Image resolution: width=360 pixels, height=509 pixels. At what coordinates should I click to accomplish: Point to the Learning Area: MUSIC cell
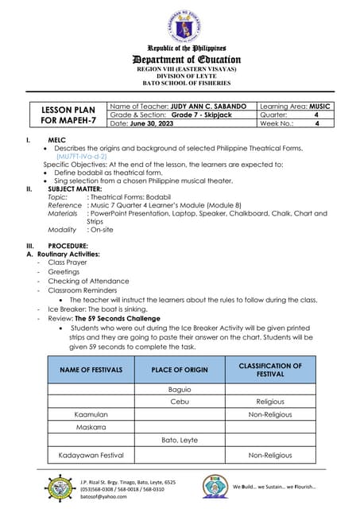[295, 107]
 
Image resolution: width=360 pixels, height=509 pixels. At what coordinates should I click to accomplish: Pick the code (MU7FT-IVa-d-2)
[81, 157]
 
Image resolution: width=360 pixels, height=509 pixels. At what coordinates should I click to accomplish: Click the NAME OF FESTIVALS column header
[91, 370]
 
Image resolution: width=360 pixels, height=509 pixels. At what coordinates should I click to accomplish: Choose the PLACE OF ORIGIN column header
[180, 370]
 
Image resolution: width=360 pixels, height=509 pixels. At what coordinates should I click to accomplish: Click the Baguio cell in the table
[180, 390]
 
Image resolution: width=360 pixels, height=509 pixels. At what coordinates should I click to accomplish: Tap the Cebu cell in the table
[180, 402]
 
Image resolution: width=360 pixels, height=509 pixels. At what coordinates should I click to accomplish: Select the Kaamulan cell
[91, 414]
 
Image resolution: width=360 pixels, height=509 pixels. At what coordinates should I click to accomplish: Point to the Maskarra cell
[91, 427]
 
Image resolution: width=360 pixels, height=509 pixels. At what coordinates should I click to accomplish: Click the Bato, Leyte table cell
[180, 440]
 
